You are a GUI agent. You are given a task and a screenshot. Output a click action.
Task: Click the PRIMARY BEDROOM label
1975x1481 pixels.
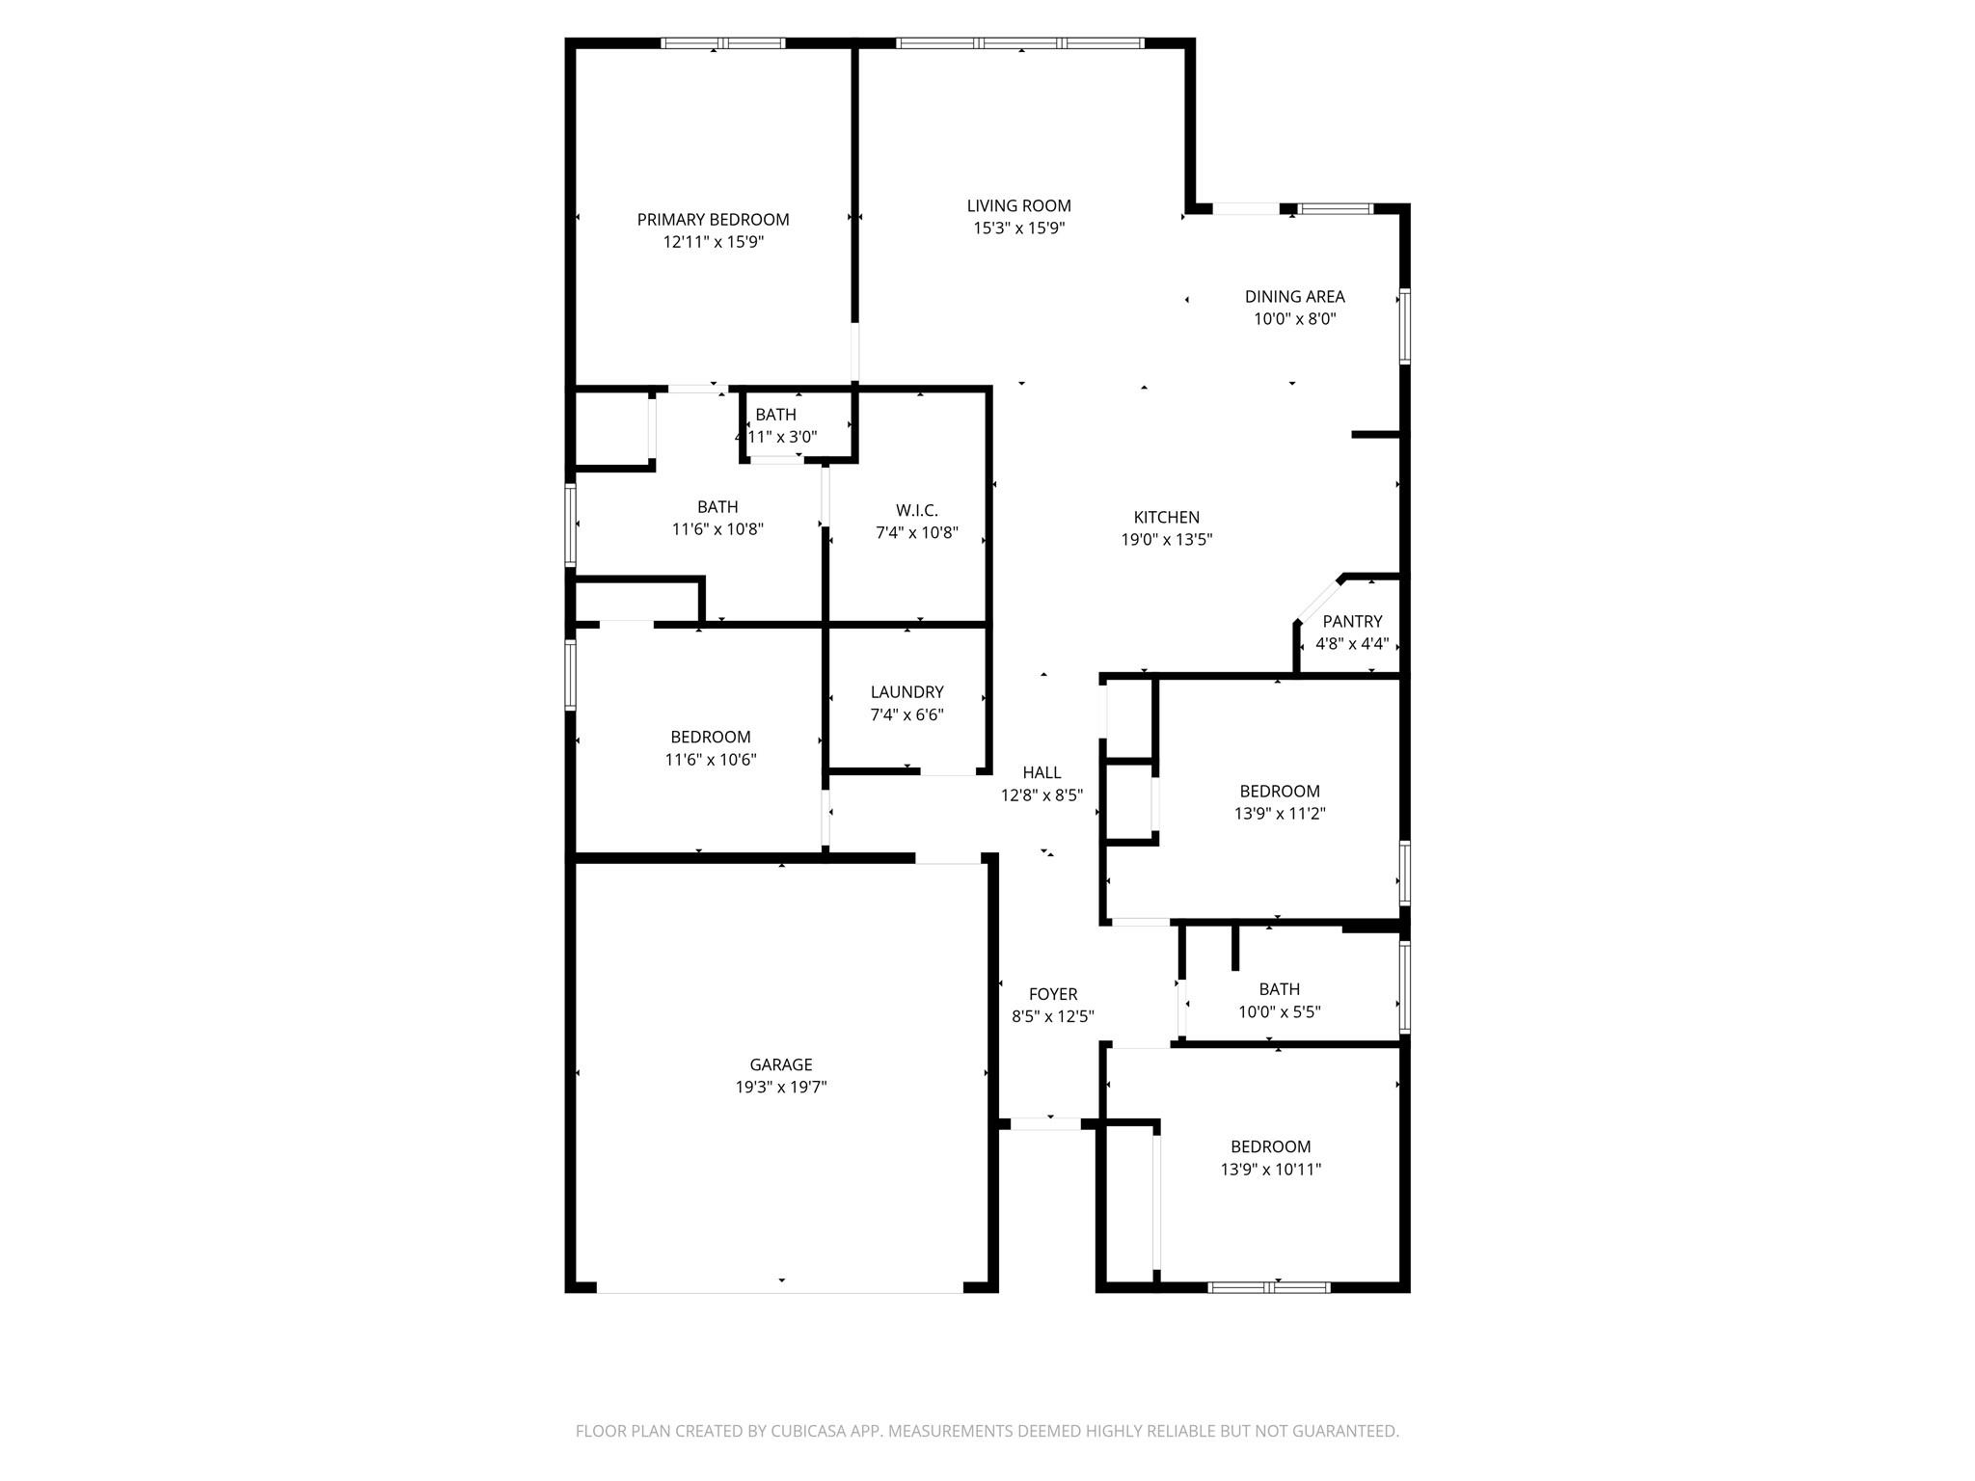pyautogui.click(x=713, y=220)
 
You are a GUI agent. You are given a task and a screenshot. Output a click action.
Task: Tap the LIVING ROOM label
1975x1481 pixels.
pyautogui.click(x=1018, y=205)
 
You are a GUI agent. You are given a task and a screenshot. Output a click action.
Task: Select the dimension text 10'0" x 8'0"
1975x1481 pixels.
pyautogui.click(x=1294, y=319)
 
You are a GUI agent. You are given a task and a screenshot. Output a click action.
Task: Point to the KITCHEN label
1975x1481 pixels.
pyautogui.click(x=1166, y=518)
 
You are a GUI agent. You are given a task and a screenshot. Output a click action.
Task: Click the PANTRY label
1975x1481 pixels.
pyautogui.click(x=1352, y=622)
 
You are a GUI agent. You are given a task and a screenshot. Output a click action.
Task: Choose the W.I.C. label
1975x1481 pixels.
pyautogui.click(x=916, y=510)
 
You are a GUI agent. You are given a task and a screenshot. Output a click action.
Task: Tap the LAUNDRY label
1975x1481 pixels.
pyautogui.click(x=906, y=692)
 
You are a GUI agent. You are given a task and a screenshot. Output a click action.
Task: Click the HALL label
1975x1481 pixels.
pyautogui.click(x=1042, y=772)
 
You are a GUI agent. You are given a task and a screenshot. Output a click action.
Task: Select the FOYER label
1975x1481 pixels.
pyautogui.click(x=1052, y=994)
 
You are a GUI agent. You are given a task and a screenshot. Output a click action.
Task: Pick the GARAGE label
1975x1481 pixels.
pyautogui.click(x=780, y=1064)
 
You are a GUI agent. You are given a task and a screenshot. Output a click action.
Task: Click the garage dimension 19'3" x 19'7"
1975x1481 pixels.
pyautogui.click(x=780, y=1088)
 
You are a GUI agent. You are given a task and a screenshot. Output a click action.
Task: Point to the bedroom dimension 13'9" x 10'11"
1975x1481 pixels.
pyautogui.click(x=1270, y=1170)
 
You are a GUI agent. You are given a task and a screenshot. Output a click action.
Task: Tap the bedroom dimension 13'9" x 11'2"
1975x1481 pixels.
pyautogui.click(x=1279, y=814)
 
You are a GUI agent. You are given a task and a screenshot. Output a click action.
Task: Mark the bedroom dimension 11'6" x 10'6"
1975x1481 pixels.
pyautogui.click(x=710, y=760)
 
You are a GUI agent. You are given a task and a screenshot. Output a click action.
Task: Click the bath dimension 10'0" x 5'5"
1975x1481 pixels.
pyautogui.click(x=1279, y=1012)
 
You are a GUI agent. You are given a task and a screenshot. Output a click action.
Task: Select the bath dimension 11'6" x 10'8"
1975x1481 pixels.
pyautogui.click(x=717, y=529)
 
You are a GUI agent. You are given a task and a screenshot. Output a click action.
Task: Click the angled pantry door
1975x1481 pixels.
pyautogui.click(x=1317, y=602)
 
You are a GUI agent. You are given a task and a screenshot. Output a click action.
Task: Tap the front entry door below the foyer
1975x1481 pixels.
pyautogui.click(x=1045, y=1123)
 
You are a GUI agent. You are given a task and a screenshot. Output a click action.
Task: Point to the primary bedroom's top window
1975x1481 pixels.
pyautogui.click(x=722, y=43)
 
